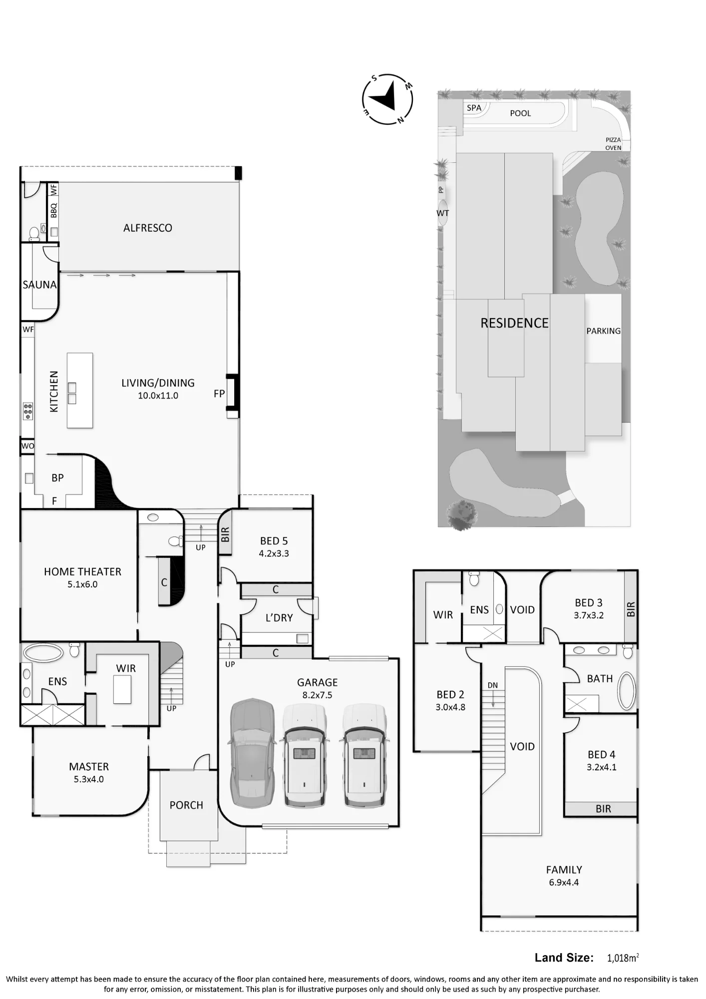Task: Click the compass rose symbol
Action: coord(387,99)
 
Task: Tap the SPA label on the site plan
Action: coord(474,108)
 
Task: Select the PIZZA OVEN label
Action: coord(613,144)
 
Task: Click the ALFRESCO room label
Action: coord(148,228)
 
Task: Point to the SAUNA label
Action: coord(40,285)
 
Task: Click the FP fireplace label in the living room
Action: coord(219,394)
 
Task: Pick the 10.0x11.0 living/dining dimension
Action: coord(158,396)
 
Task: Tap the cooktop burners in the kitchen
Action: coord(28,411)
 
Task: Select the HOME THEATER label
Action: coord(82,571)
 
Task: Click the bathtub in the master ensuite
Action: coord(43,653)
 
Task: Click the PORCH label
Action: coord(186,805)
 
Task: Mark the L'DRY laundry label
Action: coord(279,618)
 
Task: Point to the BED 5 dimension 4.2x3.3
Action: coord(274,553)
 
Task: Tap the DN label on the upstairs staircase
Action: coord(493,685)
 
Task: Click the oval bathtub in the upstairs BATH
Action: coord(627,691)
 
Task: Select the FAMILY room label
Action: coord(564,870)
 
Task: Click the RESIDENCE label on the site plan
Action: coord(514,323)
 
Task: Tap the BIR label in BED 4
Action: coord(603,809)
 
